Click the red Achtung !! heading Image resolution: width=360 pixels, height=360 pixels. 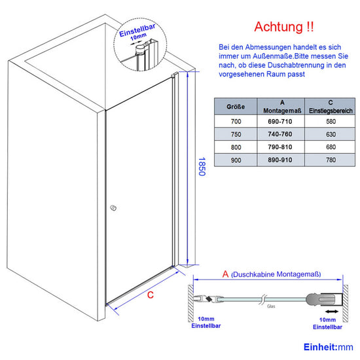(x=284, y=27)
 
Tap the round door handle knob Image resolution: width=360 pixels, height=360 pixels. (x=113, y=208)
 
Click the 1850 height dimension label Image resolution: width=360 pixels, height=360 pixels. (x=202, y=167)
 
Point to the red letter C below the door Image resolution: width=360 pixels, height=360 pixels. (x=151, y=295)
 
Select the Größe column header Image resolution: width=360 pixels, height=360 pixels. (x=236, y=107)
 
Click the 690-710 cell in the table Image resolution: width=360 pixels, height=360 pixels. (x=280, y=122)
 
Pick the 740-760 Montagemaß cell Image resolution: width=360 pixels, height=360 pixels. (x=280, y=134)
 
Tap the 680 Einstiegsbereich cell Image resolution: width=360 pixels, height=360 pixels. (x=331, y=147)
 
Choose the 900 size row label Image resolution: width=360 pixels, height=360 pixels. (x=236, y=160)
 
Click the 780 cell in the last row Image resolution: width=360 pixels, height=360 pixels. (x=331, y=160)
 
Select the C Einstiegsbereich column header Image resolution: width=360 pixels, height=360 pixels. (x=331, y=107)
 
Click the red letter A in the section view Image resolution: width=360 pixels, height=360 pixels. (x=225, y=274)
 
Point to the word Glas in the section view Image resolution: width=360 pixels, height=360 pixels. (x=271, y=306)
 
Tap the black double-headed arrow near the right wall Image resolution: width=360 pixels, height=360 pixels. (x=332, y=312)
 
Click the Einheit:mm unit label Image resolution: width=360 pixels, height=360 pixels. (x=329, y=347)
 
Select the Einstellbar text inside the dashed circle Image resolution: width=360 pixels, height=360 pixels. (x=137, y=31)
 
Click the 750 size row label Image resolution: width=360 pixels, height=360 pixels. (x=236, y=134)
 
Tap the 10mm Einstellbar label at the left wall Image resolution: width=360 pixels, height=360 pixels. (x=206, y=322)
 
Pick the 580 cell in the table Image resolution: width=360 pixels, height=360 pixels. (x=331, y=122)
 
